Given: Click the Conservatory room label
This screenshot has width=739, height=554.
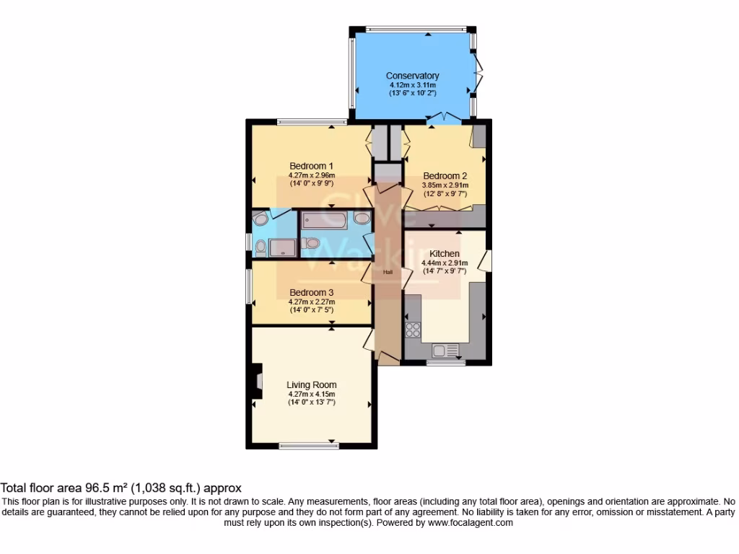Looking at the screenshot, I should click(412, 76).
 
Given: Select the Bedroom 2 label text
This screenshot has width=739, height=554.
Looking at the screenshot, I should click(445, 175).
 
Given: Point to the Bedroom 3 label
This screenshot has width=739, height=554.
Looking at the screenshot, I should click(312, 292).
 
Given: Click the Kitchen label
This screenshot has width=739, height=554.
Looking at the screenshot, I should click(445, 254).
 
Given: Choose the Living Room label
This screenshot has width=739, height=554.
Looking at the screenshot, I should click(312, 384).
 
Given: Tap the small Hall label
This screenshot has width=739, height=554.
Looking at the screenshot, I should click(388, 272).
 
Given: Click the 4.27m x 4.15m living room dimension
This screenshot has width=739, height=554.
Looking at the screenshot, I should click(312, 394).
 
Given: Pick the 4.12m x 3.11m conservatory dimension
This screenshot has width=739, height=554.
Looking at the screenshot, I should click(412, 85).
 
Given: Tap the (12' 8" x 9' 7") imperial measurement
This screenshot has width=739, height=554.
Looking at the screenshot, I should click(445, 193).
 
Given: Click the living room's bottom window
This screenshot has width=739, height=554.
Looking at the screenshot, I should click(309, 447).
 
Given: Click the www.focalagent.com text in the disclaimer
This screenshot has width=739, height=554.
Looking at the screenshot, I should click(471, 523).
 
